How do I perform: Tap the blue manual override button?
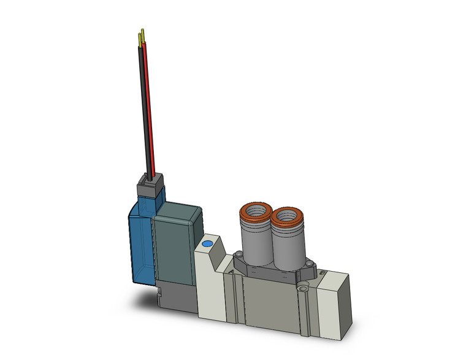[207, 243]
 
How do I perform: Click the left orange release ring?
[254, 212]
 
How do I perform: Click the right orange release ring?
[286, 216]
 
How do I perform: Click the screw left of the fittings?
[236, 254]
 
